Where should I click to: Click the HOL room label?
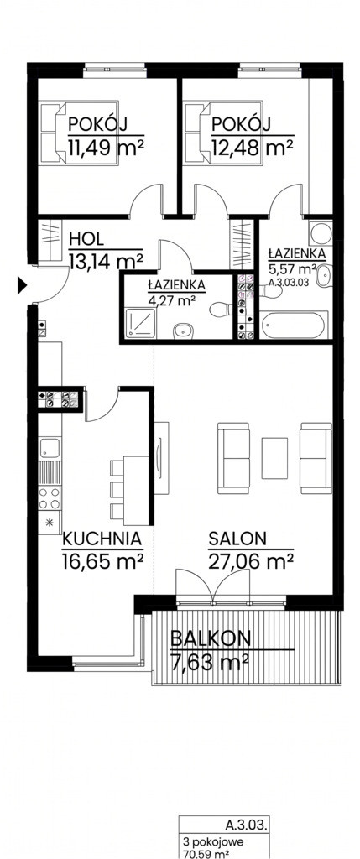pyautogui.click(x=86, y=239)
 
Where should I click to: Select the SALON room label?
pyautogui.click(x=237, y=539)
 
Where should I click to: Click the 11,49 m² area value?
pyautogui.click(x=107, y=147)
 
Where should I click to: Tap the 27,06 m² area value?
pyautogui.click(x=250, y=561)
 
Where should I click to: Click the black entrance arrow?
pyautogui.click(x=22, y=285)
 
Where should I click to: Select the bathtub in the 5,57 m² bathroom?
pyautogui.click(x=295, y=325)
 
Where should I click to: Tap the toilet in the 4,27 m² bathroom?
pyautogui.click(x=222, y=309)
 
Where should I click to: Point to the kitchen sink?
pyautogui.click(x=50, y=448)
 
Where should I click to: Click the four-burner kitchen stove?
pyautogui.click(x=50, y=498)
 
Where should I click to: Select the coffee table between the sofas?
pyautogui.click(x=274, y=458)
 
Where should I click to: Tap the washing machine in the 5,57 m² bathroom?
pyautogui.click(x=320, y=233)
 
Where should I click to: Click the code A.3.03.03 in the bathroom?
pyautogui.click(x=290, y=284)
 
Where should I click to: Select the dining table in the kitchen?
pyautogui.click(x=136, y=490)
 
